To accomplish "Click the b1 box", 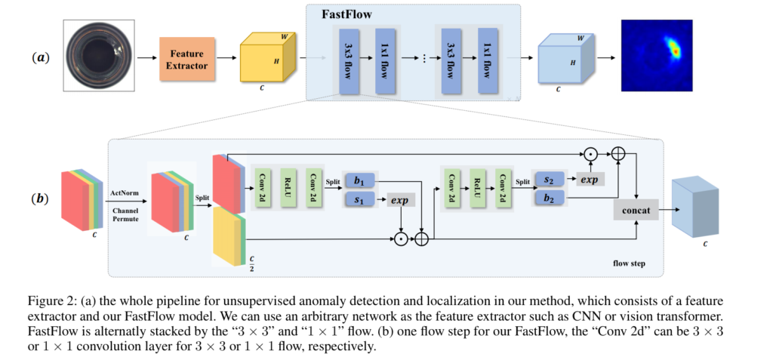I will pyautogui.click(x=359, y=181).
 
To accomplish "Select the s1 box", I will pyautogui.click(x=359, y=201).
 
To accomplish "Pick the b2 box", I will pyautogui.click(x=549, y=200).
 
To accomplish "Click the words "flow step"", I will pyautogui.click(x=628, y=264).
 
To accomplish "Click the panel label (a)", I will pyautogui.click(x=40, y=57).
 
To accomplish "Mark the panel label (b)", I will pyautogui.click(x=40, y=200).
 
